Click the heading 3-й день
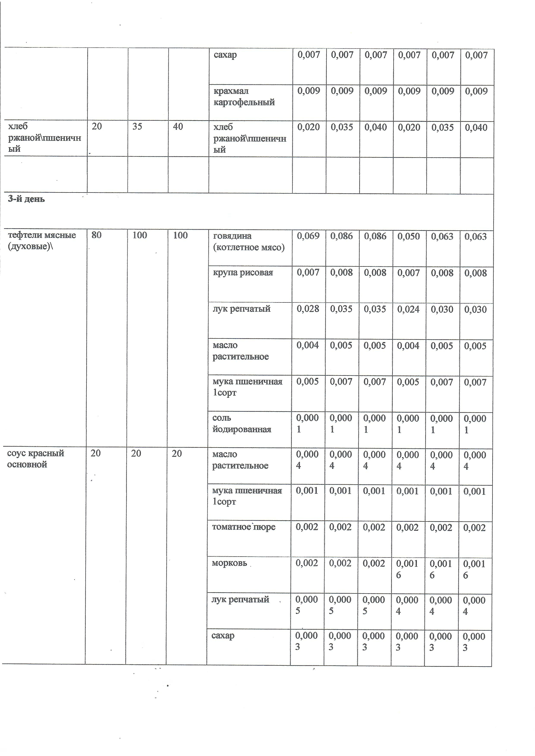[26, 199]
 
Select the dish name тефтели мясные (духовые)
[42, 241]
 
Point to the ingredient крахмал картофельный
[244, 97]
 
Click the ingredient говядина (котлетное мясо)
[248, 242]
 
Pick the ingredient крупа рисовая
[243, 273]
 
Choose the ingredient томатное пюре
[243, 527]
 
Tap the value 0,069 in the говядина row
[308, 236]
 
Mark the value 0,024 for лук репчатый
[408, 309]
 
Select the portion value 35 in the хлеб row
[137, 127]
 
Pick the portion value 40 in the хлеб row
[178, 127]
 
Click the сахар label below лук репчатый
[223, 635]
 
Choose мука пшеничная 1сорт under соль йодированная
[247, 496]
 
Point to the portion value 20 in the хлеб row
[97, 127]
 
